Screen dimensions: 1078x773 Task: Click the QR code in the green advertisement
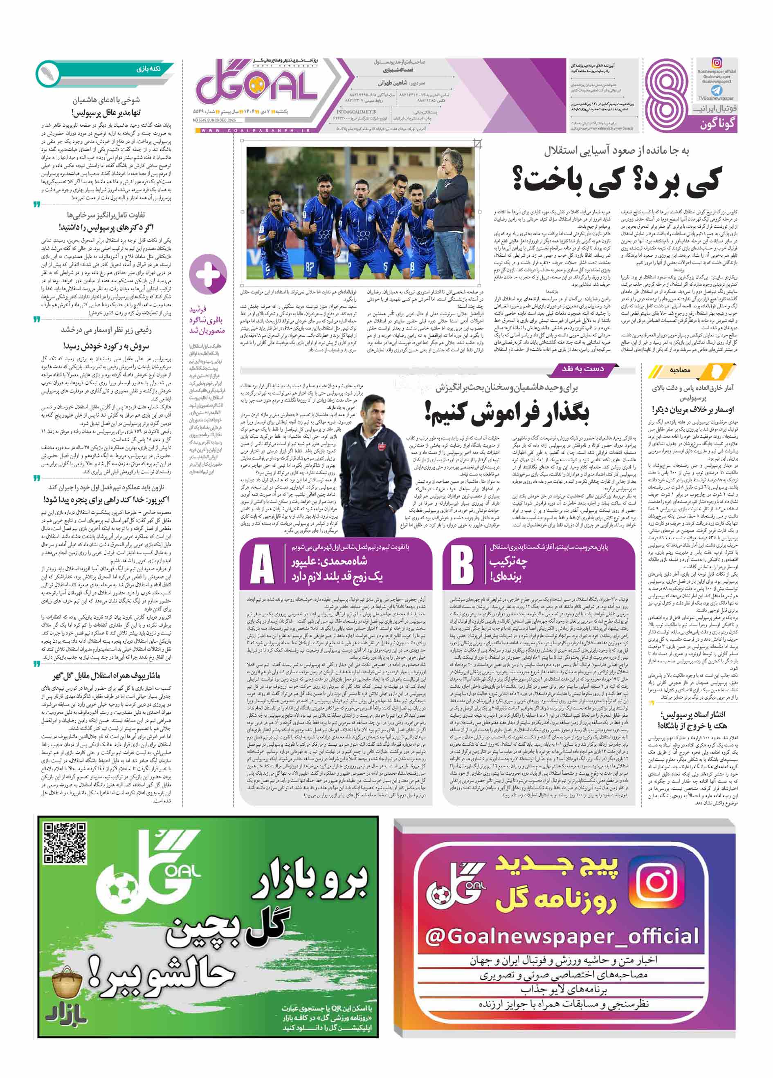pyautogui.click(x=65, y=842)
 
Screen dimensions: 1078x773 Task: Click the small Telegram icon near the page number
pyautogui.click(x=716, y=90)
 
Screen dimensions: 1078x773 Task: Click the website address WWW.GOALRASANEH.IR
pyautogui.click(x=255, y=131)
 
